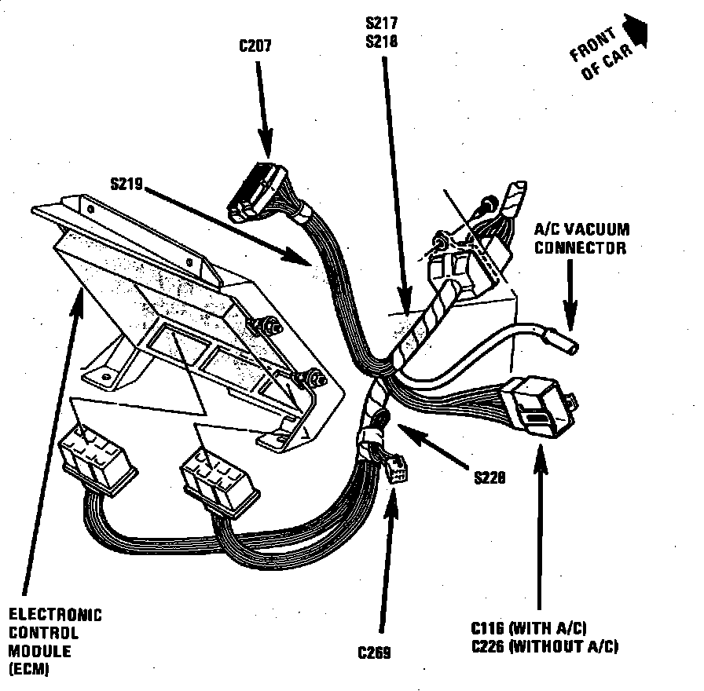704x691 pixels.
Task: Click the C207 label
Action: click(x=255, y=46)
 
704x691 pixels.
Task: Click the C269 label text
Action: click(x=374, y=653)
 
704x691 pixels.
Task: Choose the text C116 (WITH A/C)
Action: click(x=529, y=628)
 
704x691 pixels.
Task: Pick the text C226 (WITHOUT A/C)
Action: click(x=544, y=646)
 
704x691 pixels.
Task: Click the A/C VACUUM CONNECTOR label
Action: click(x=581, y=239)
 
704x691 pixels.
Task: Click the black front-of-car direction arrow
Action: click(x=638, y=29)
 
